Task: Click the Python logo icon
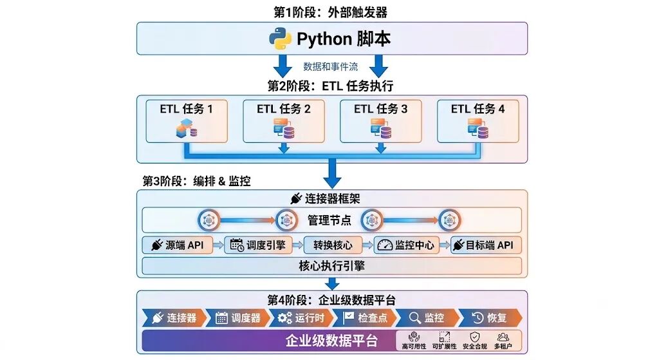coord(281,39)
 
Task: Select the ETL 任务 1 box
coord(187,121)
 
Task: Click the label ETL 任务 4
coord(478,109)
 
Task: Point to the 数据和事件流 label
coord(331,66)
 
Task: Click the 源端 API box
coord(177,245)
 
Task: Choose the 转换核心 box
coord(333,245)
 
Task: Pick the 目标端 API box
coord(487,245)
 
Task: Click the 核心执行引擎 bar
coord(331,266)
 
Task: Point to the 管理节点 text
coord(329,220)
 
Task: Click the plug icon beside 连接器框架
coord(296,198)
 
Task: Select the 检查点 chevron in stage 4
coord(364,318)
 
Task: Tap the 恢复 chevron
coord(490,318)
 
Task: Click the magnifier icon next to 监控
coord(414,318)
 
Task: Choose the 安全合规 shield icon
coord(474,337)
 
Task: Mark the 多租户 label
coord(503,346)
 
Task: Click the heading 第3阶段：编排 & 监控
coord(197,181)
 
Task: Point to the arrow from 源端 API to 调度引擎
coord(218,245)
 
